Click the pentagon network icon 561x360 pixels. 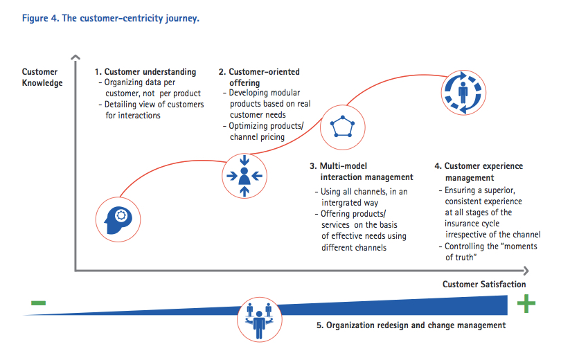pyautogui.click(x=342, y=127)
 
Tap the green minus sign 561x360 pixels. pyautogui.click(x=38, y=303)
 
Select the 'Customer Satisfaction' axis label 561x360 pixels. pyautogui.click(x=484, y=285)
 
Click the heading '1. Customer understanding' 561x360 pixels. pyautogui.click(x=145, y=72)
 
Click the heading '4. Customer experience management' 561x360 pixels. pyautogui.click(x=479, y=172)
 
